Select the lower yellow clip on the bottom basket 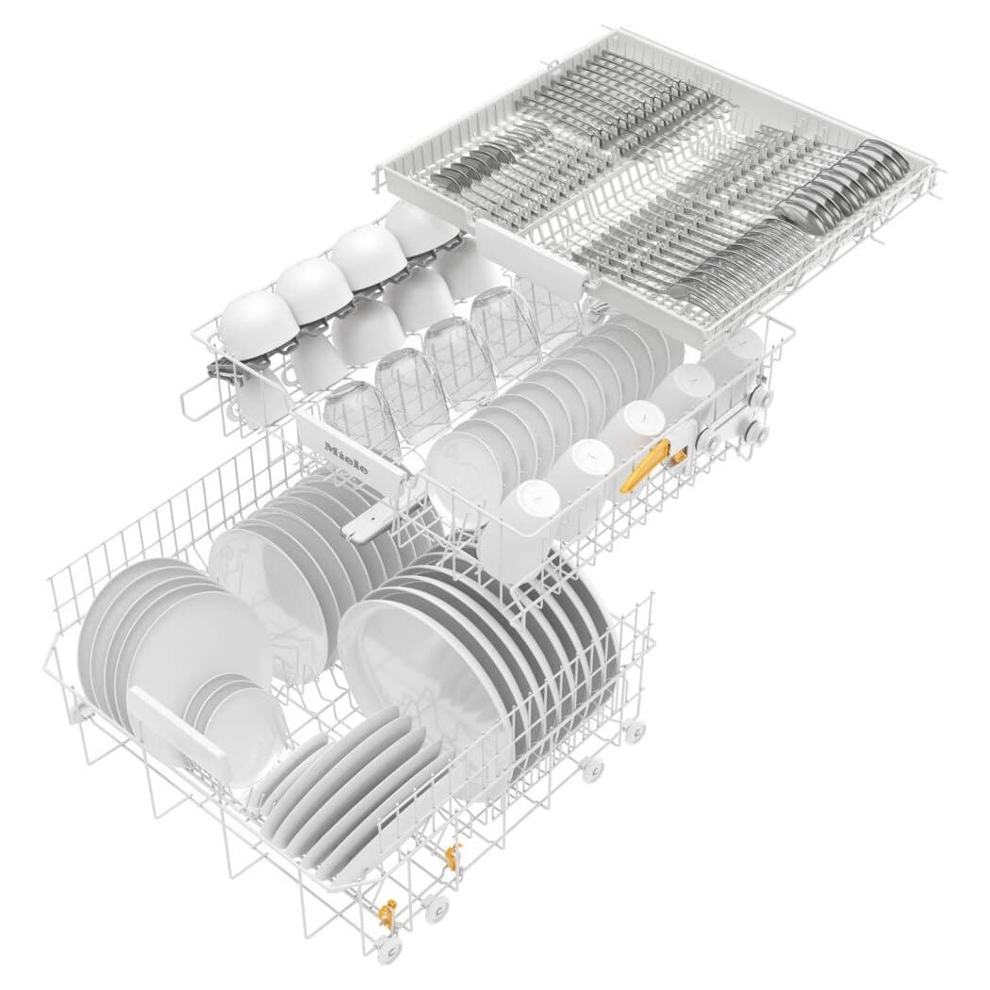pyautogui.click(x=386, y=913)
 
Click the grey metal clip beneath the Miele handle pyautogui.click(x=368, y=521)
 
